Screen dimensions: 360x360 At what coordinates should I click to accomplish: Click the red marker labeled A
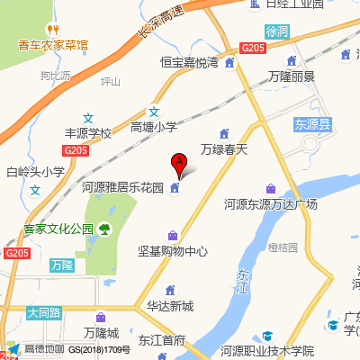pos(178,163)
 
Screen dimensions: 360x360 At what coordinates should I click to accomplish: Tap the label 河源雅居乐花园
pos(122,189)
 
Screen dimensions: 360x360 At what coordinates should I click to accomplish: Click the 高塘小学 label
pos(154,128)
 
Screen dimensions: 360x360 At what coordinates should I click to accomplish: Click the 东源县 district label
pos(312,126)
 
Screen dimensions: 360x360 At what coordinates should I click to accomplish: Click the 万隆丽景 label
pos(291,76)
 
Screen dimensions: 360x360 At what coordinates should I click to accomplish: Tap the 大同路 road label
pos(43,313)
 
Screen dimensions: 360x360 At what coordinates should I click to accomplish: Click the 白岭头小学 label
pos(35,171)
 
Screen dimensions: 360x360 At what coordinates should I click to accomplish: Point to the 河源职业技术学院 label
pos(267,351)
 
